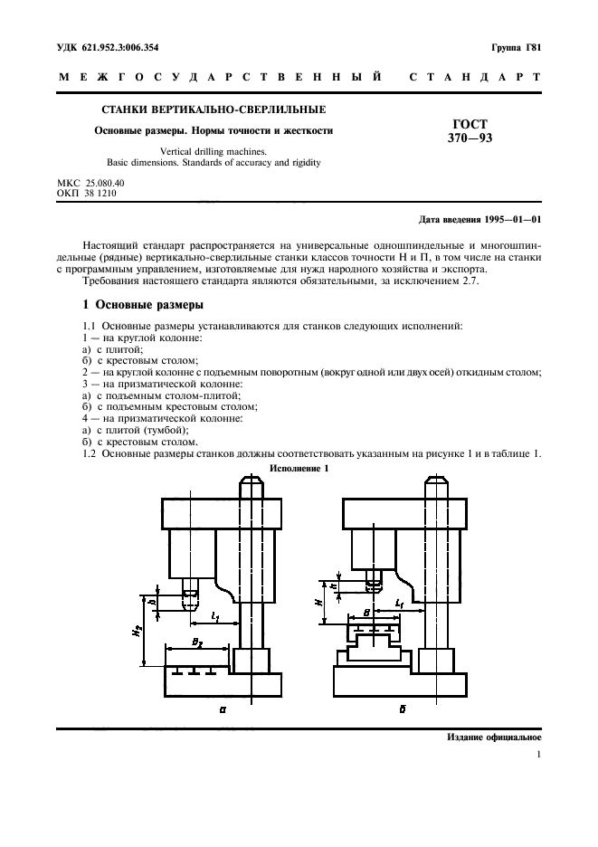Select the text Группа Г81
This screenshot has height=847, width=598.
(x=516, y=47)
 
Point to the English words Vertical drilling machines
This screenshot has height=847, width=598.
(x=214, y=152)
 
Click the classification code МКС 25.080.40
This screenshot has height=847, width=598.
(x=90, y=184)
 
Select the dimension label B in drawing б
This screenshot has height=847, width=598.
(x=365, y=613)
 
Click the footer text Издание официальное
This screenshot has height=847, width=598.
(x=494, y=738)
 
